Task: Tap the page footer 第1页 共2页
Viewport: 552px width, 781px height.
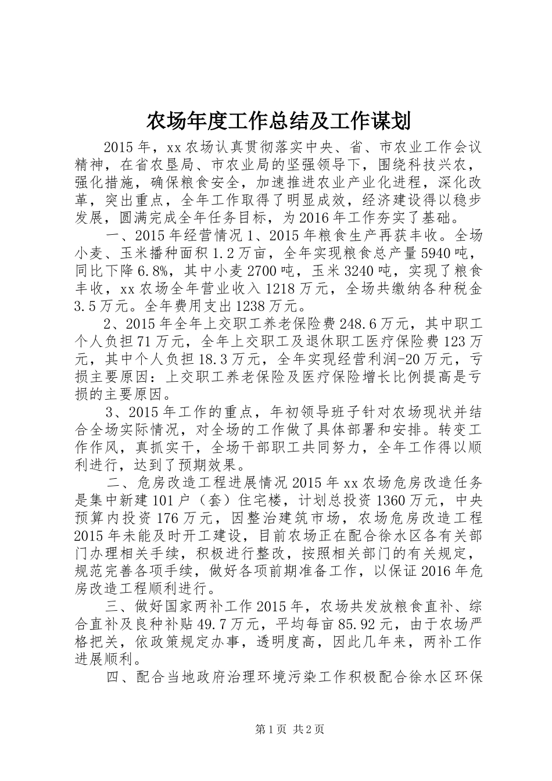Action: [276, 729]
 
